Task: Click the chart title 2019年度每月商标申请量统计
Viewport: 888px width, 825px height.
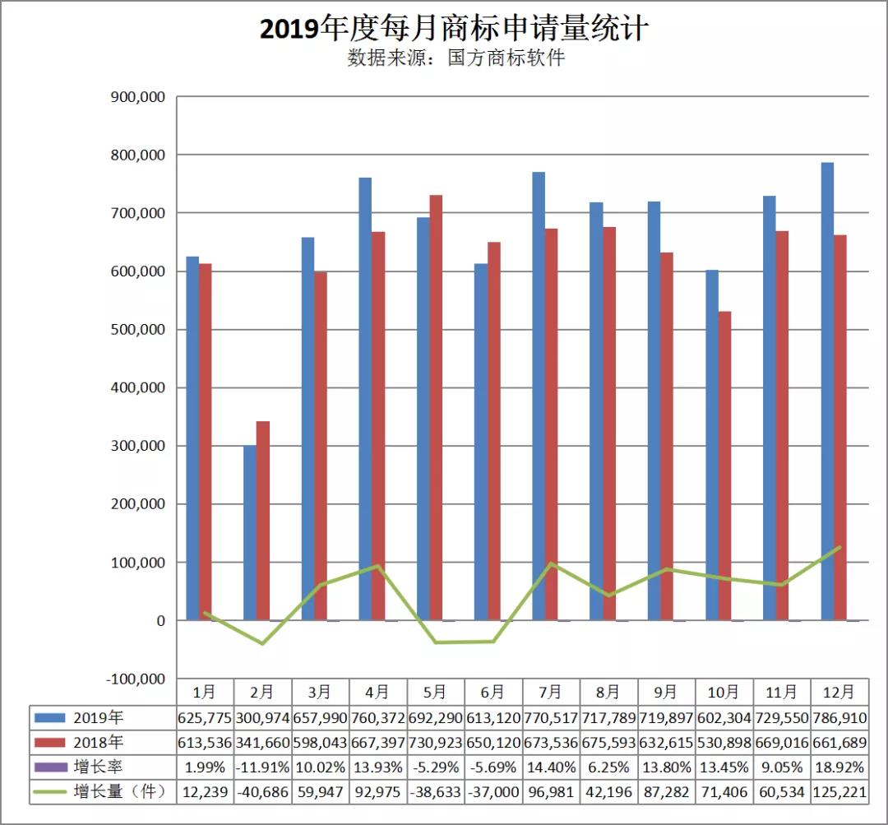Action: [x=454, y=29]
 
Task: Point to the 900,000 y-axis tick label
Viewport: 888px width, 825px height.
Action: [x=138, y=97]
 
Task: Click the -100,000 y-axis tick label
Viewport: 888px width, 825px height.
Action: [x=135, y=679]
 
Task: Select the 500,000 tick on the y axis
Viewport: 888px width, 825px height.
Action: [x=138, y=330]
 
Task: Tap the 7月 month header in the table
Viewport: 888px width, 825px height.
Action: [x=551, y=692]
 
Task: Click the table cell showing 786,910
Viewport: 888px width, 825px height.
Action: [x=839, y=717]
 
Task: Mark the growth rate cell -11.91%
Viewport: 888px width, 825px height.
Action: [x=263, y=767]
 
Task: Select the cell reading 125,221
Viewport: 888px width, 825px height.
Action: [x=839, y=792]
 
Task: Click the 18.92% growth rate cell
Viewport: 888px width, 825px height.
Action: [x=839, y=767]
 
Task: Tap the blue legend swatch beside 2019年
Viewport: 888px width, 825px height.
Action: [x=51, y=717]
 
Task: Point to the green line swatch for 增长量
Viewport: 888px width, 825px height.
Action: [x=51, y=792]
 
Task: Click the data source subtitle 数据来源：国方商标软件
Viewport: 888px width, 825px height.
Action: [x=456, y=58]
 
